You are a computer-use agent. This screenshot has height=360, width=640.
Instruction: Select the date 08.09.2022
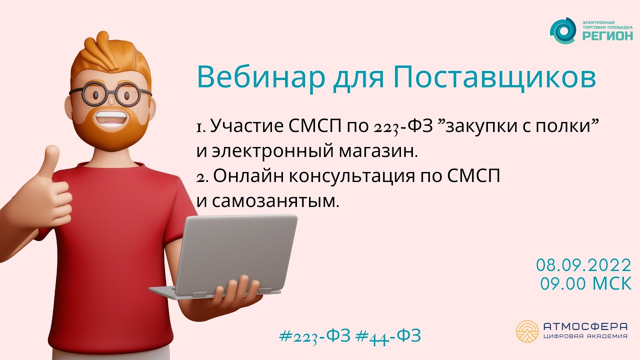pos(583,264)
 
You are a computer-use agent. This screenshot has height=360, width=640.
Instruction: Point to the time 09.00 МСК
pos(585,283)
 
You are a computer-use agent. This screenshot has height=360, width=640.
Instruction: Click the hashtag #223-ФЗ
pos(314,335)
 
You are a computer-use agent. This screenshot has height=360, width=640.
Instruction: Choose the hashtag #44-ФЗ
pos(387,335)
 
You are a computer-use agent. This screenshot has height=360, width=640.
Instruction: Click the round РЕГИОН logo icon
pos(563,31)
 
